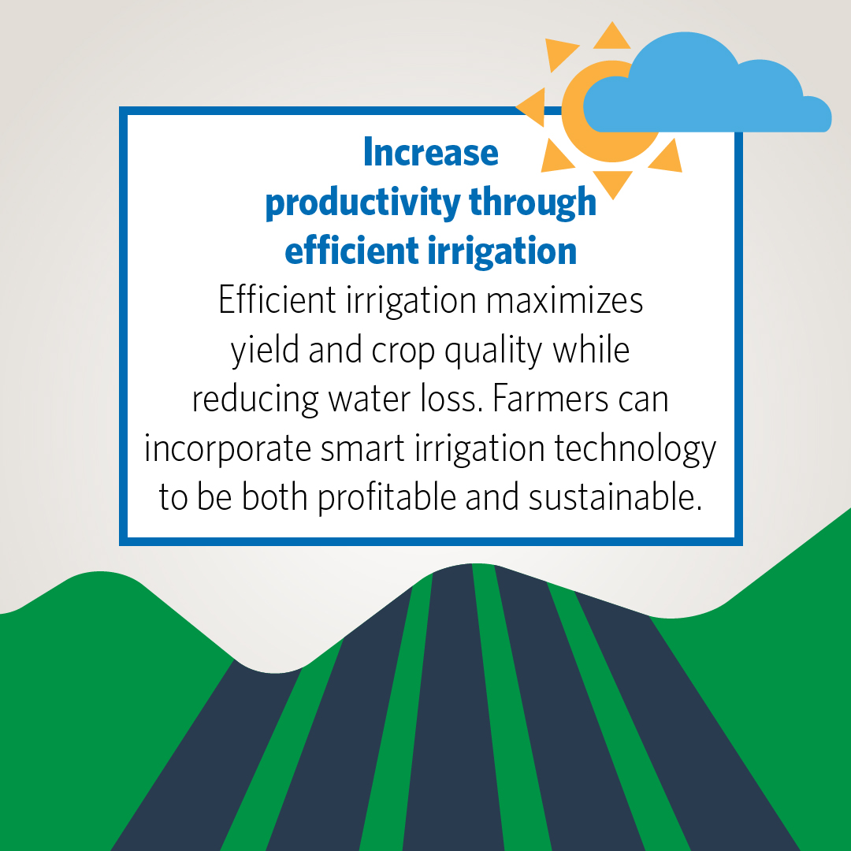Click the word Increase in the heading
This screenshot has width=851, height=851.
coord(430,153)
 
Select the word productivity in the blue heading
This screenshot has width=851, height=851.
coord(362,203)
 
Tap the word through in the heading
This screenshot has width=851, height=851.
coord(533,203)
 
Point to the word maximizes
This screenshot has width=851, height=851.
coord(564,300)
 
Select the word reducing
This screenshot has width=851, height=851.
coord(255,400)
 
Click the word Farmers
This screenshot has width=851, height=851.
coord(550,399)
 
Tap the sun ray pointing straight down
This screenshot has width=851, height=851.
coord(613,183)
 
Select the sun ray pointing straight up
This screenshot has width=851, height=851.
coord(611,38)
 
